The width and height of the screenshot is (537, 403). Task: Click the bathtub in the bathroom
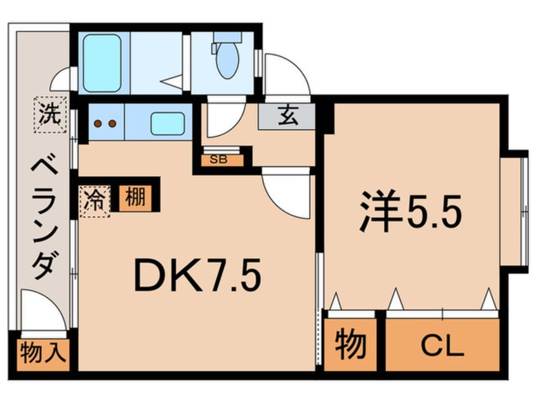coord(102,63)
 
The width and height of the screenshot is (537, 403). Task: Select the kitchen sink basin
coord(167,123)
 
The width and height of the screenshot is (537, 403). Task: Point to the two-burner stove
coord(105,123)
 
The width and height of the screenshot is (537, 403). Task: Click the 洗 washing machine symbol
coord(50,116)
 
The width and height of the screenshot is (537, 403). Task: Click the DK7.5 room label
coord(197,277)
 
